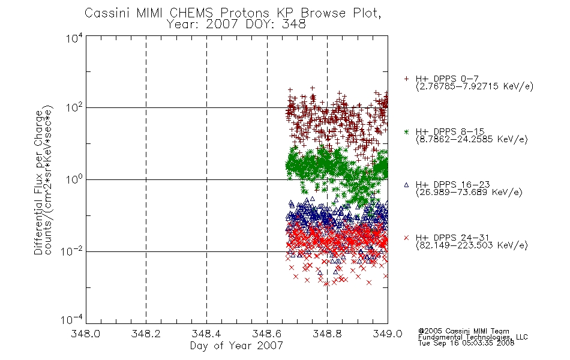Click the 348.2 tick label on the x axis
coord(146,334)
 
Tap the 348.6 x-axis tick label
coord(267,334)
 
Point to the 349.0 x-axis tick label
coord(388,334)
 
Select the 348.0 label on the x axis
coord(85,334)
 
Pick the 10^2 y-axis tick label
coord(74,107)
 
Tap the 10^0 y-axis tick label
coord(74,179)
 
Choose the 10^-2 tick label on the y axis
coord(71,251)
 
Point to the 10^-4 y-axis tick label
coord(71,319)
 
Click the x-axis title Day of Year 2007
coord(236,346)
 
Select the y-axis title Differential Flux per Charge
coord(38,182)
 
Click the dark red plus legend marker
coord(406,79)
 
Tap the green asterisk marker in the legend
coord(406,132)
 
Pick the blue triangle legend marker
coord(406,185)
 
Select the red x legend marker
coord(406,238)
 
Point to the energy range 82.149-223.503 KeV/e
coord(472,245)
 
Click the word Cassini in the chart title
coord(107,13)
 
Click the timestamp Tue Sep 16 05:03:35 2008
coord(466,343)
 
